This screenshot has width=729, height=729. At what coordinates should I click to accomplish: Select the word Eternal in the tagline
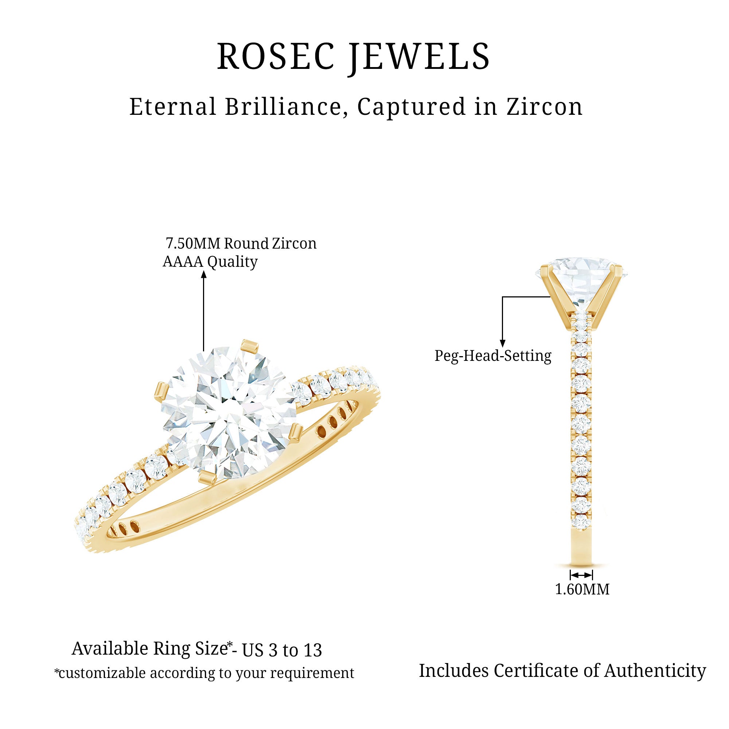(x=173, y=107)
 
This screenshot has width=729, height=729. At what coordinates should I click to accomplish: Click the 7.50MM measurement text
(x=193, y=244)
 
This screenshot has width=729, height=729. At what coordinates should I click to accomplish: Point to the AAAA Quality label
(x=210, y=261)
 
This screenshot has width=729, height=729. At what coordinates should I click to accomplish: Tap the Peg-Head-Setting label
(x=493, y=356)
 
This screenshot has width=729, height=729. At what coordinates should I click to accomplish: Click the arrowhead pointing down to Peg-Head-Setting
(x=502, y=343)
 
